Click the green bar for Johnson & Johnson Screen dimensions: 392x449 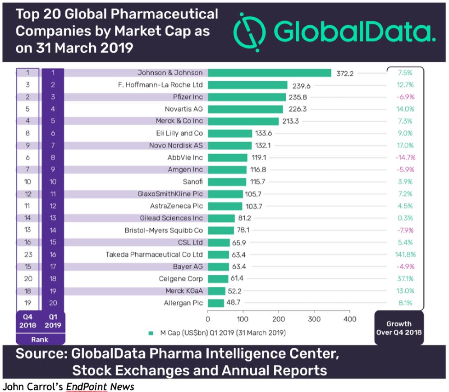269,73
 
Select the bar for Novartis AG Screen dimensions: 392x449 245,109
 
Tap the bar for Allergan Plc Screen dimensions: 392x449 215,303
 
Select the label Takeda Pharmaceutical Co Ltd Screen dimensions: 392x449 154,255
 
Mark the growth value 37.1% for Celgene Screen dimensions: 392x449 405,279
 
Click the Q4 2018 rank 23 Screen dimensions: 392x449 28,255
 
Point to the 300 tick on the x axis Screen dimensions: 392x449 314,319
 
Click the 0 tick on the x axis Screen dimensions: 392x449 208,319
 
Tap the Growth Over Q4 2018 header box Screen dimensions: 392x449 399,328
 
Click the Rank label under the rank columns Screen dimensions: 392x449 40,340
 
